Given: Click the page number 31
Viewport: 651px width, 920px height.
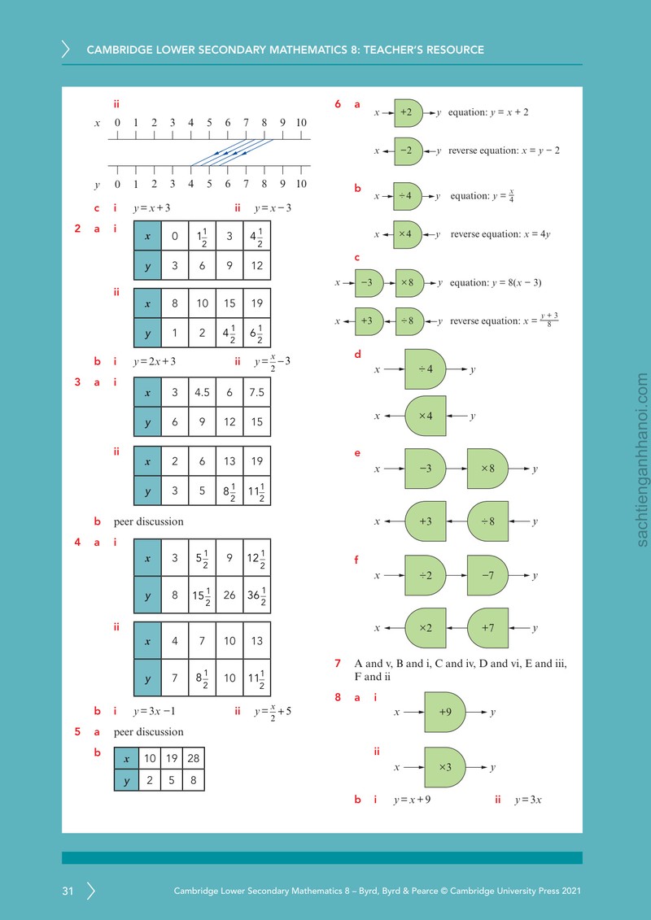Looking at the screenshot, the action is [x=68, y=891].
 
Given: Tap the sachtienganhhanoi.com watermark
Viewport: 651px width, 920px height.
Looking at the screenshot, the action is [x=641, y=460].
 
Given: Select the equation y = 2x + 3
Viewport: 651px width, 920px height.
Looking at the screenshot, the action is [x=155, y=361].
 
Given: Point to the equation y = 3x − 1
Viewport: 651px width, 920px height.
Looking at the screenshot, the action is [x=155, y=711].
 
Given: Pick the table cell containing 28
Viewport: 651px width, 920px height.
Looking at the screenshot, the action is [x=193, y=758].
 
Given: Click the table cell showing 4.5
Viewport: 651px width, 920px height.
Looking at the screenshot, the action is [x=202, y=392].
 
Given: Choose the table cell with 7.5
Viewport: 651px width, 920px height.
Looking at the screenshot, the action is [x=256, y=392].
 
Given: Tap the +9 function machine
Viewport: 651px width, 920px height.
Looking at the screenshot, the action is [x=445, y=713].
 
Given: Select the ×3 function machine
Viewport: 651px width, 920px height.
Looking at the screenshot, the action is [x=445, y=767].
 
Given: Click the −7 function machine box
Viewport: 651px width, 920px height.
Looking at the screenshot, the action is [x=487, y=576].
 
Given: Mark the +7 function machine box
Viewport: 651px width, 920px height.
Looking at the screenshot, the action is [x=487, y=628].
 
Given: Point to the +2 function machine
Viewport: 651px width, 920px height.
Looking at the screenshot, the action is [x=409, y=112].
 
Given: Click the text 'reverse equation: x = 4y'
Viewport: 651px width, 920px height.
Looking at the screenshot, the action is [x=500, y=234].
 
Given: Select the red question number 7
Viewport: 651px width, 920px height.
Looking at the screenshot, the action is [x=338, y=664].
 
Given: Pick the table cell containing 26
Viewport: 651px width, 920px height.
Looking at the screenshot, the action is [x=229, y=595].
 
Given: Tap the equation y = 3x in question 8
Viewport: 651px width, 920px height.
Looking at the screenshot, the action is [x=528, y=800].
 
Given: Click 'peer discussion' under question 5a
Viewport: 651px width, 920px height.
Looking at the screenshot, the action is [x=149, y=731].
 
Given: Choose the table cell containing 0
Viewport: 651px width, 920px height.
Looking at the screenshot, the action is [x=175, y=236].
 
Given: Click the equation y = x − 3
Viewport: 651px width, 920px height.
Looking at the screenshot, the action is [x=273, y=208].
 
